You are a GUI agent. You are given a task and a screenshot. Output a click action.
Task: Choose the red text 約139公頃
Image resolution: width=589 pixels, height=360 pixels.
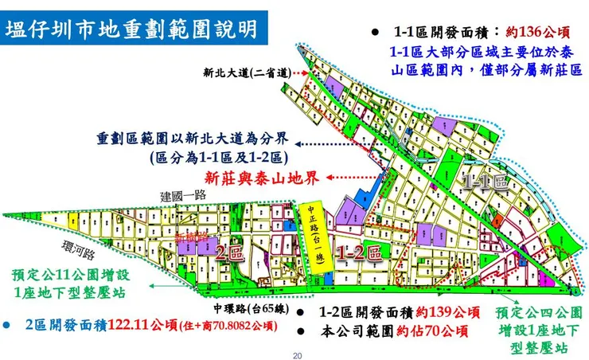(x=451, y=312)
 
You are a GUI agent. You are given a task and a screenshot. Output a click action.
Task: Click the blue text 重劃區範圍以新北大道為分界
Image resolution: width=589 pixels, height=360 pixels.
(x=195, y=137)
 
